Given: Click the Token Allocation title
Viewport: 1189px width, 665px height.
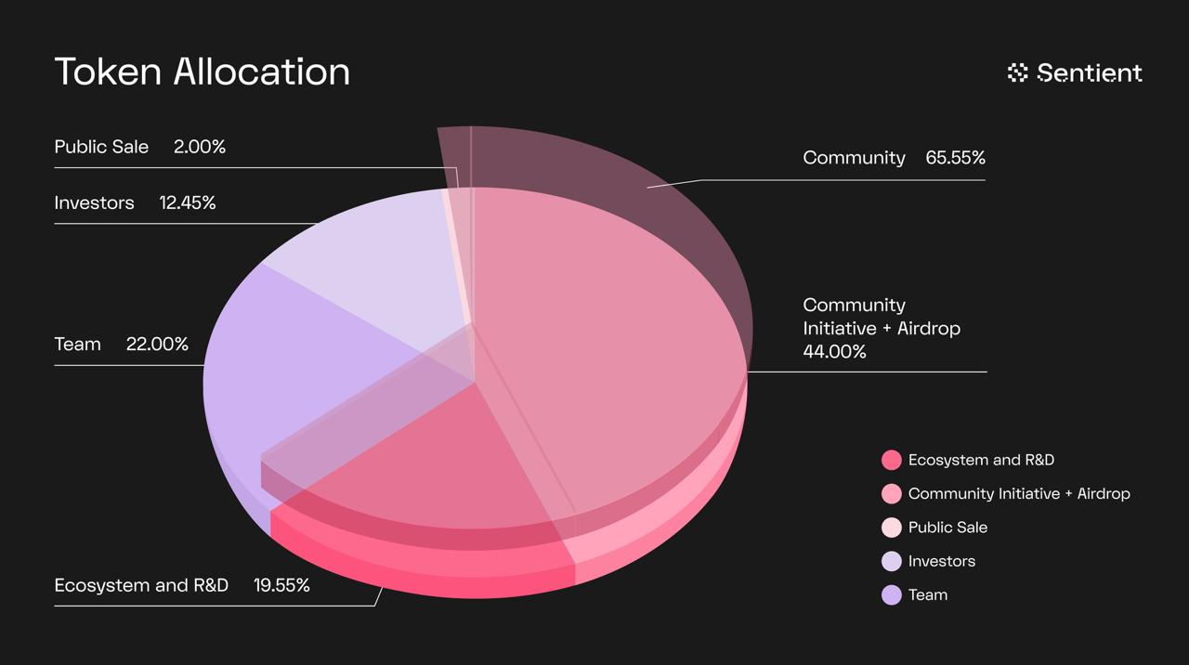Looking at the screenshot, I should tap(202, 72).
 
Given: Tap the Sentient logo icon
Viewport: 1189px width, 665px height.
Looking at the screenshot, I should tap(1017, 72).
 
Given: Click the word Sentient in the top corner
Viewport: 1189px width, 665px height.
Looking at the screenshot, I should tap(1089, 72).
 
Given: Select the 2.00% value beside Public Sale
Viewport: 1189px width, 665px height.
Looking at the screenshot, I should tap(200, 147).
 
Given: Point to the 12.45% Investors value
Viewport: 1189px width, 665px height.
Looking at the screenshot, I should tap(187, 202).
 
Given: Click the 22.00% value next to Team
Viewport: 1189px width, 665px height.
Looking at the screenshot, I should tap(157, 344).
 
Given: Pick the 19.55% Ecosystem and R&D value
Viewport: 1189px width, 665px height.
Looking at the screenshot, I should tap(281, 585).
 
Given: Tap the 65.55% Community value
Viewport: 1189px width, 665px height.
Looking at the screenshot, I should tap(955, 158).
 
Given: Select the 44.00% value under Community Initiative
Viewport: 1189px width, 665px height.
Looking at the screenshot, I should tap(834, 352).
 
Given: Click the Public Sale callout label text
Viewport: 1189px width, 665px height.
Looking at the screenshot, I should tap(101, 147).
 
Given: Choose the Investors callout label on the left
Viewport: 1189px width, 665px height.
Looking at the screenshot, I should tap(94, 202).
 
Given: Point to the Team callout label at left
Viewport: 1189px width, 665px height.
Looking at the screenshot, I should tap(77, 344).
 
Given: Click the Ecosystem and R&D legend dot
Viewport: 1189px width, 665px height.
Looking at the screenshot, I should tap(891, 460).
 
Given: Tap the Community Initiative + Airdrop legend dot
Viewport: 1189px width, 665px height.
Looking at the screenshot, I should tap(891, 493).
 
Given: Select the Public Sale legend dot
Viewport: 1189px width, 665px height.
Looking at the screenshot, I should tap(891, 528).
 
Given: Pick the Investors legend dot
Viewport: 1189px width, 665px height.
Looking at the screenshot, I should tap(891, 561).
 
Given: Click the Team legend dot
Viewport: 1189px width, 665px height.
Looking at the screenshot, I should tap(891, 594).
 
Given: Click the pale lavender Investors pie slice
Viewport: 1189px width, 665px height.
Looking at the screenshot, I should tap(372, 260).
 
